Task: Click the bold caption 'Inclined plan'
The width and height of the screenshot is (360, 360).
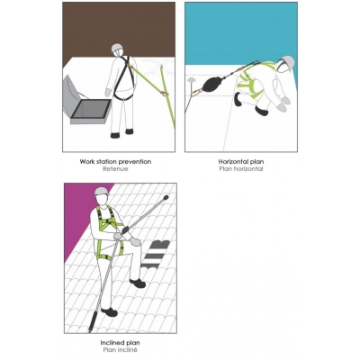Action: [121, 341]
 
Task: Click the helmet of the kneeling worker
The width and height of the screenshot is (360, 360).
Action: [287, 63]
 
